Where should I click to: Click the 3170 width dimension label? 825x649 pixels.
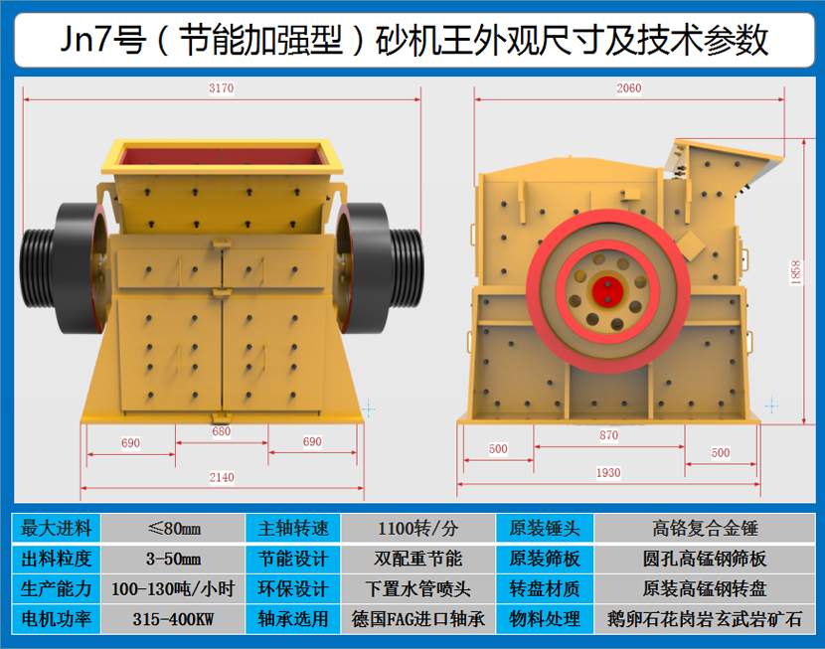click(221, 87)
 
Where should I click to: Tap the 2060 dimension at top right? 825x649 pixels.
click(629, 87)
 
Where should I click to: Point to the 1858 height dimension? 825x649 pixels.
click(795, 272)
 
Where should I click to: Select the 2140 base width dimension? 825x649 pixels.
click(222, 477)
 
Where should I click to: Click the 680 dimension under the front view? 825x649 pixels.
click(222, 431)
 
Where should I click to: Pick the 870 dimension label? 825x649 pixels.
click(608, 435)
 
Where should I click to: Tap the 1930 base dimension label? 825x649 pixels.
click(607, 472)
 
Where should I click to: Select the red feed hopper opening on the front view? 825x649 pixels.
click(222, 155)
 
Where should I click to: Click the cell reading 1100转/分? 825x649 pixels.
click(417, 528)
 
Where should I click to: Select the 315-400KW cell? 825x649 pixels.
click(173, 619)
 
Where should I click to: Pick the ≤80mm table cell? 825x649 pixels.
click(173, 528)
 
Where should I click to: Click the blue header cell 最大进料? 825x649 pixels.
click(57, 528)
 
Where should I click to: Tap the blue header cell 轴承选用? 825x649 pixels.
click(292, 619)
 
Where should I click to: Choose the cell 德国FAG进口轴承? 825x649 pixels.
click(417, 619)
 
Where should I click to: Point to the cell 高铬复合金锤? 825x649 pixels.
click(705, 528)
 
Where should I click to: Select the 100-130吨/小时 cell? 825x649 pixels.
click(173, 588)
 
